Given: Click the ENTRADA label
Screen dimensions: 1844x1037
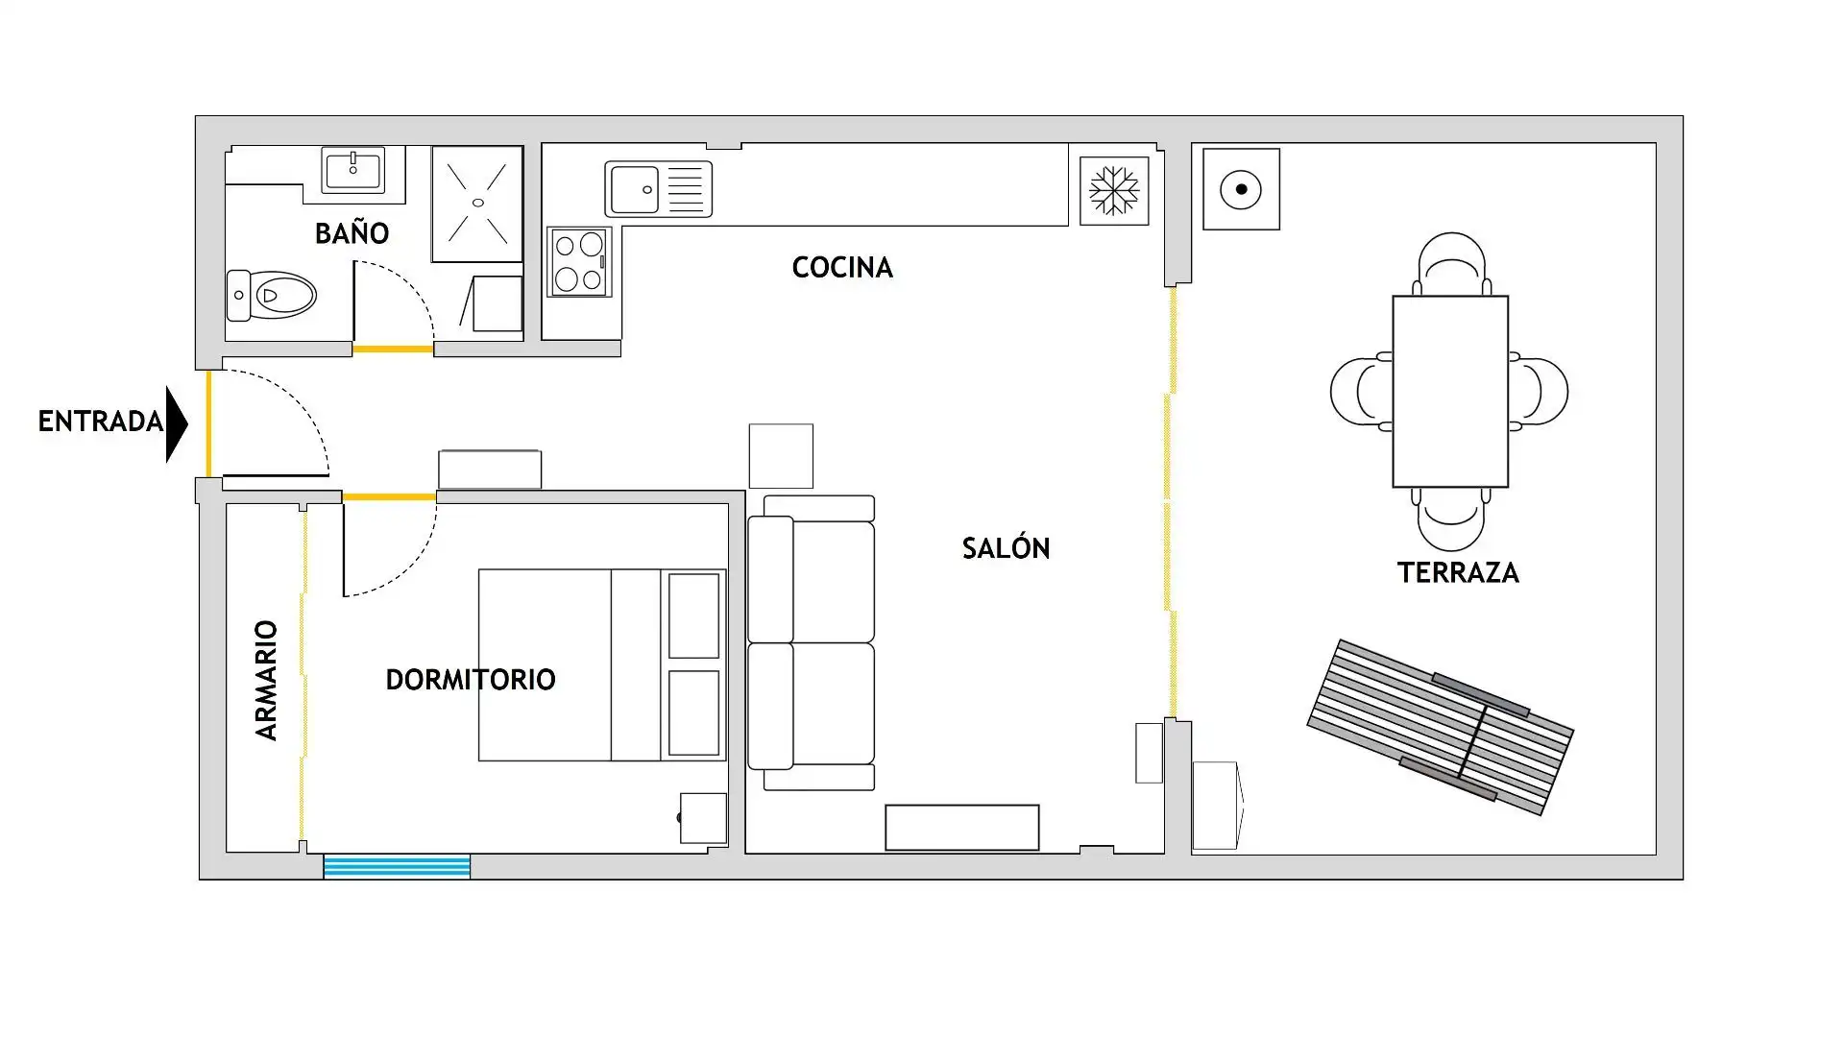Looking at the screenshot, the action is click(101, 422).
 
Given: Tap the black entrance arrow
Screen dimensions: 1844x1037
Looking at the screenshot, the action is click(177, 424).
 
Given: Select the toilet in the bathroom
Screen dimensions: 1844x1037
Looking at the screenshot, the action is click(271, 295).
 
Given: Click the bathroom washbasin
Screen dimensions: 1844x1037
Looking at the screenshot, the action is click(353, 171).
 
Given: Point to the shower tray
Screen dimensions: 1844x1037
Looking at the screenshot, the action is click(477, 204).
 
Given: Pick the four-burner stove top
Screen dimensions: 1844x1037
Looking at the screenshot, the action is click(579, 262).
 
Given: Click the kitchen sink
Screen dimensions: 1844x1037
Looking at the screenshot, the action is click(659, 189).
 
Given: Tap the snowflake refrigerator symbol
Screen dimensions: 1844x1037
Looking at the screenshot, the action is click(1114, 191).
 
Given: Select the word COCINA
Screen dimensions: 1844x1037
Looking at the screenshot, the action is click(842, 267).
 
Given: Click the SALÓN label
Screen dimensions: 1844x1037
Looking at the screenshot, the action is click(1006, 547).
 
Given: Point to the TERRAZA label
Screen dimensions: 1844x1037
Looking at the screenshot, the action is click(1458, 573).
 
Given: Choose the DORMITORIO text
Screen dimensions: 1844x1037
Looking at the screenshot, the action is click(471, 680).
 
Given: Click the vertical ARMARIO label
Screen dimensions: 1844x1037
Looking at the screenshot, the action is click(266, 680).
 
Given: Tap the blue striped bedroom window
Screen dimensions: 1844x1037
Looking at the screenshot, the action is click(397, 866).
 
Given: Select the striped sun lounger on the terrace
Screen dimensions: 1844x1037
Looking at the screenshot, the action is click(1441, 727).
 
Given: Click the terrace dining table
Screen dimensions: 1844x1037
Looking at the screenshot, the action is click(1450, 392).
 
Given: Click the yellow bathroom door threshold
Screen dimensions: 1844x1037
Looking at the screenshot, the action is click(393, 350).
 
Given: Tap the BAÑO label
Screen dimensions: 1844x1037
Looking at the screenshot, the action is click(352, 232).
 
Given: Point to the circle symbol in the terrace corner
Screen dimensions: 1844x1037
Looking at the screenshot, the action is click(1241, 189).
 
